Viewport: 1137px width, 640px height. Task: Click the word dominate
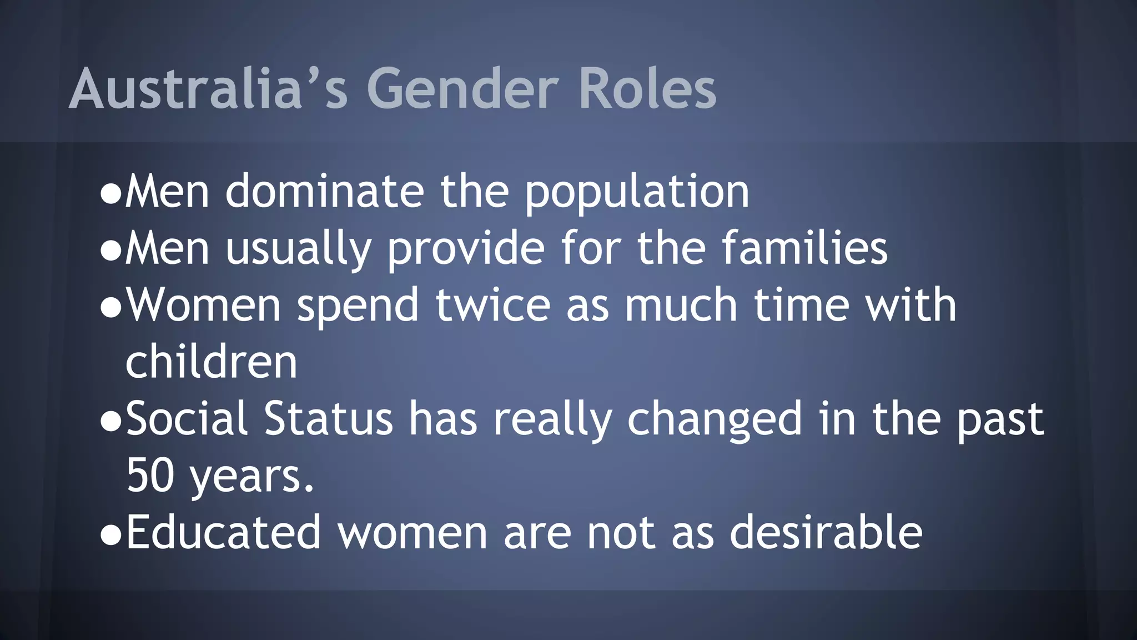pyautogui.click(x=325, y=192)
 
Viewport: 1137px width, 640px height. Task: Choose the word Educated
pyautogui.click(x=224, y=532)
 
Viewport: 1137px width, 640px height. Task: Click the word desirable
pyautogui.click(x=826, y=532)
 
